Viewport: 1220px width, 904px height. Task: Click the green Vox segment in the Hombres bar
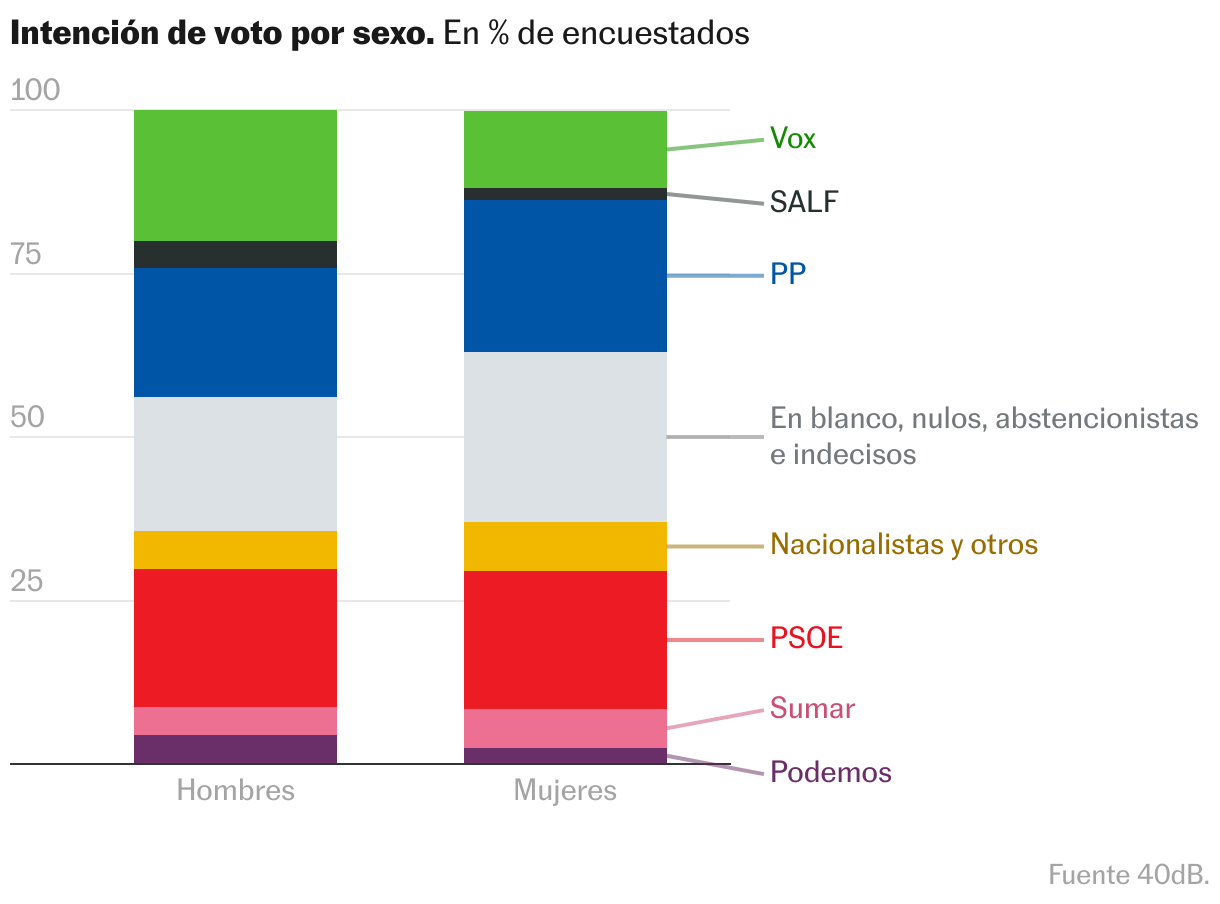(x=235, y=175)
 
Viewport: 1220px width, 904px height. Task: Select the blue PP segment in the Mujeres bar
(x=565, y=276)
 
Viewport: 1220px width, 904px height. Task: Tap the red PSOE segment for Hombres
(x=235, y=638)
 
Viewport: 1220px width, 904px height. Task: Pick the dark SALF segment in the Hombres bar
(x=235, y=254)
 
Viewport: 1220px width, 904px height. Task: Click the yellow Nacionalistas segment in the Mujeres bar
(x=565, y=546)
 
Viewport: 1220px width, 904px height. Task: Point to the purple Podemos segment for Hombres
(x=235, y=749)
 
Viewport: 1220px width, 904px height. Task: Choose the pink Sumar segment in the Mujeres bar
(x=565, y=728)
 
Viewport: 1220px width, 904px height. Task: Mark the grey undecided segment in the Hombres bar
(x=235, y=464)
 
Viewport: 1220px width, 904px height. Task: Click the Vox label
(x=792, y=138)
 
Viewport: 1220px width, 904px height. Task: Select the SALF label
(x=804, y=202)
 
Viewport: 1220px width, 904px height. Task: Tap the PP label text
(x=788, y=274)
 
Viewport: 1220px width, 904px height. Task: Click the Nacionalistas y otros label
(x=904, y=545)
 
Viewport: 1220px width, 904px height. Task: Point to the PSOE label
(x=806, y=637)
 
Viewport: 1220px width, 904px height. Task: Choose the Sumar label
(x=812, y=708)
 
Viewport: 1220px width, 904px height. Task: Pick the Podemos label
(x=830, y=772)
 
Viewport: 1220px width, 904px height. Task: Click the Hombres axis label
(x=235, y=790)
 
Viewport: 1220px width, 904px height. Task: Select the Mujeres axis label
(x=565, y=790)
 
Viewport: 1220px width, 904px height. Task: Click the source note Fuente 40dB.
(x=1128, y=874)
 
